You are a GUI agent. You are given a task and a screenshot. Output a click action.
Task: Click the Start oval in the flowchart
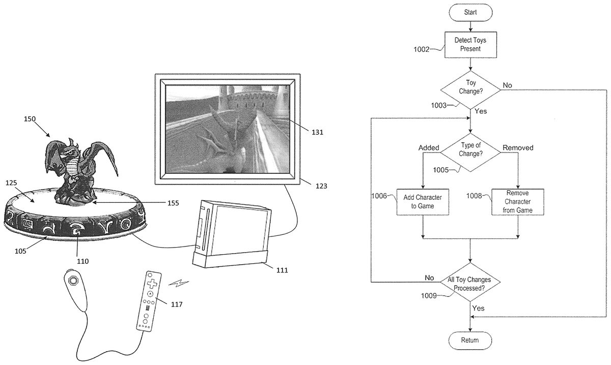470,11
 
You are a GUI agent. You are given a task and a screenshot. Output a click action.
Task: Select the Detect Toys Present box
470,45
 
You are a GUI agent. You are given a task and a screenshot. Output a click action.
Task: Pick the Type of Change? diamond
470,151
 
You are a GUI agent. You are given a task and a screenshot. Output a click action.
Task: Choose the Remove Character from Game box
518,202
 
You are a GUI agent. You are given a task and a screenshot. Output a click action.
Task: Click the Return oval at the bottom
470,340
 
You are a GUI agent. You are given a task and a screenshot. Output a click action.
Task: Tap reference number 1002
422,49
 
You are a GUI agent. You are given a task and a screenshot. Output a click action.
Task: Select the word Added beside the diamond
429,148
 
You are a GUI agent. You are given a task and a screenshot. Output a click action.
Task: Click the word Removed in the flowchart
518,148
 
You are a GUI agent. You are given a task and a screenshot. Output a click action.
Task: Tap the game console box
232,234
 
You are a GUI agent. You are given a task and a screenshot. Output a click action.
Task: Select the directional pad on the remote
151,281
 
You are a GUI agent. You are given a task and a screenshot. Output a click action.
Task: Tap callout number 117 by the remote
177,305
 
